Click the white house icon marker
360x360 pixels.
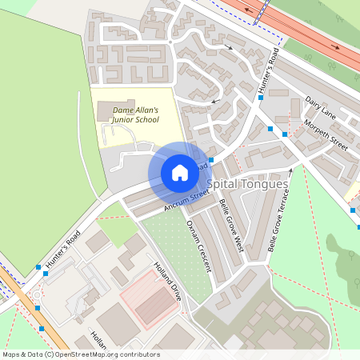click(180, 173)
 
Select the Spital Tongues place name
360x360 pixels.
click(247, 185)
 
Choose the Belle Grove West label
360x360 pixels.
click(230, 227)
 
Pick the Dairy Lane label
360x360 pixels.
click(320, 109)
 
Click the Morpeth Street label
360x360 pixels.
click(326, 136)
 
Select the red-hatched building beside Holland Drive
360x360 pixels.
click(150, 298)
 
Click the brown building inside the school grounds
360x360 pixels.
click(106, 111)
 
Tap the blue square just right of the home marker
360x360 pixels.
click(211, 161)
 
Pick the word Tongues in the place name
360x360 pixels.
click(263, 185)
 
